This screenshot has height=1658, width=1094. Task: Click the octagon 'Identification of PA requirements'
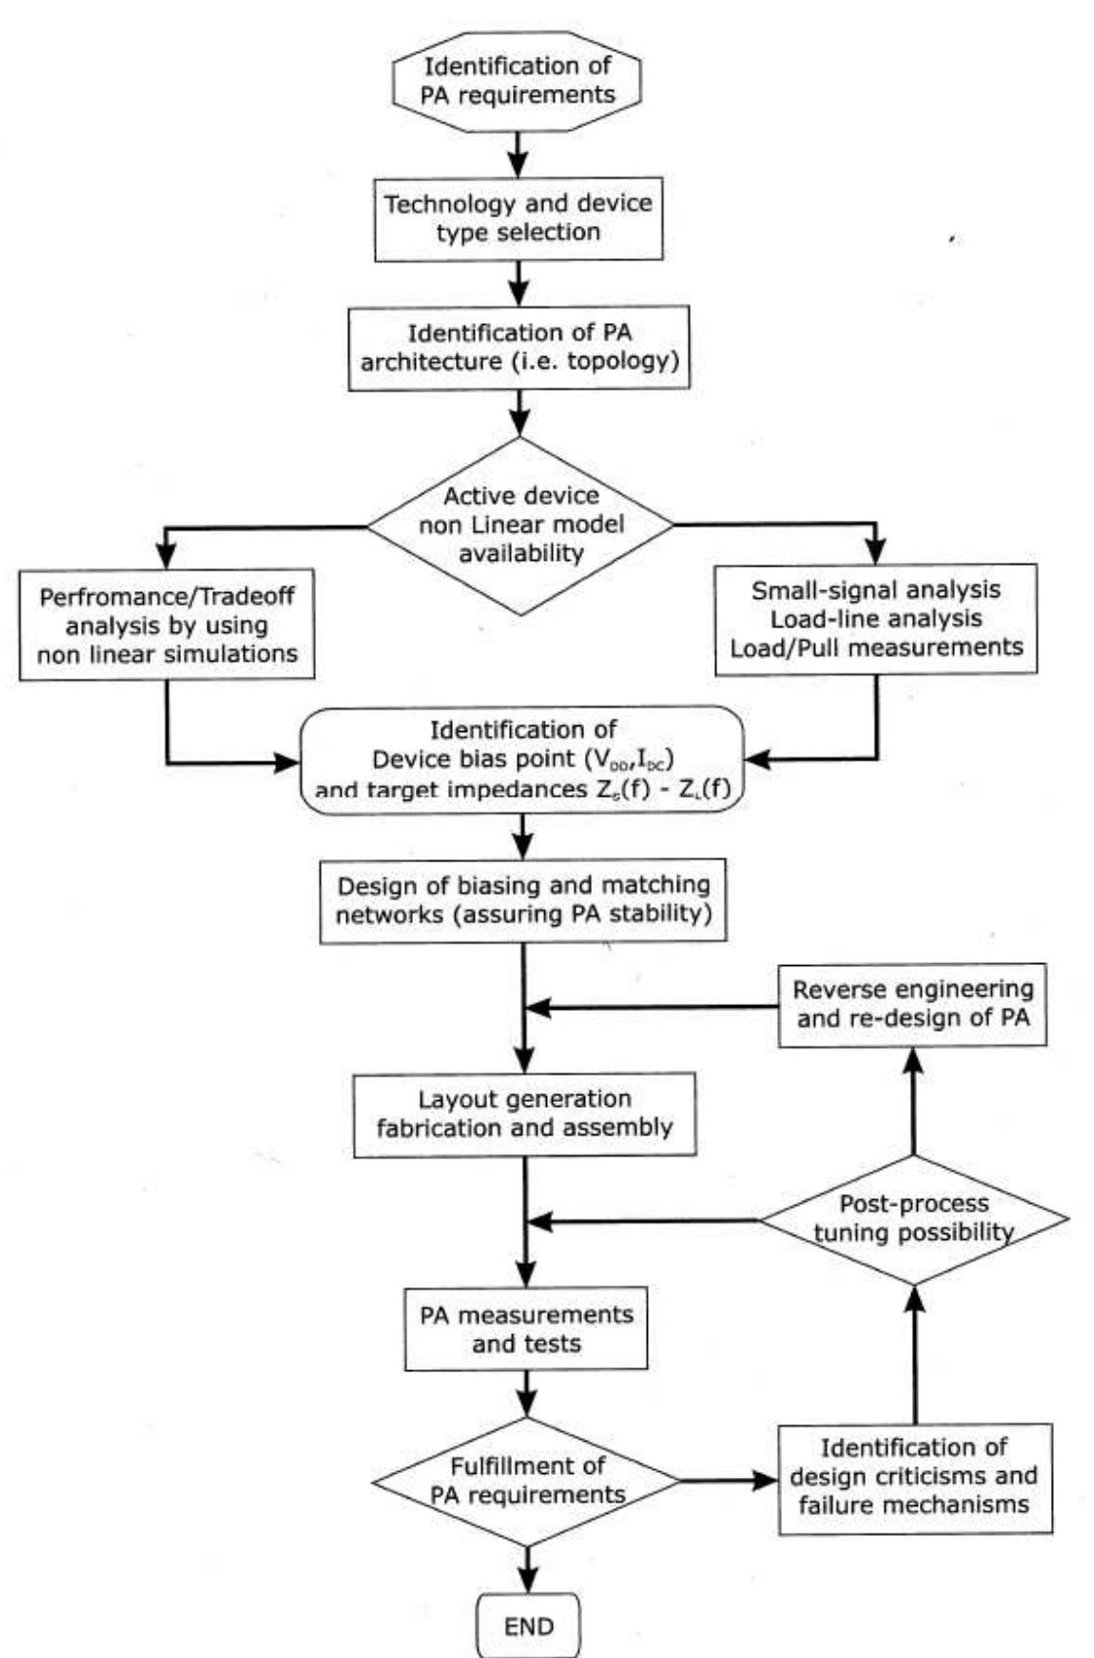(x=517, y=80)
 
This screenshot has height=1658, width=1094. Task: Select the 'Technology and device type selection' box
(x=518, y=218)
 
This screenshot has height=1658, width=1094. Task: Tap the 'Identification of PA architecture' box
(x=519, y=347)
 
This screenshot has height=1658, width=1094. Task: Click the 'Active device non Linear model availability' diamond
(x=521, y=525)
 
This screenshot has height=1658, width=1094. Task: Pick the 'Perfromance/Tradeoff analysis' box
(x=166, y=624)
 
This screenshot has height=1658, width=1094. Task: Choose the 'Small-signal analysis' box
(x=876, y=619)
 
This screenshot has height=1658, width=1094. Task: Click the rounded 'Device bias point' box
(x=523, y=760)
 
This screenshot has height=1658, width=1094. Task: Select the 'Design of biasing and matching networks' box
(x=523, y=900)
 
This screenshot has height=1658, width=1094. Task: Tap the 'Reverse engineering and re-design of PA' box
(x=912, y=1004)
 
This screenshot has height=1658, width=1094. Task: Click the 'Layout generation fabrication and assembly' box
(x=524, y=1114)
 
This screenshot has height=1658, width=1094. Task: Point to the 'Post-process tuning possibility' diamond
(x=914, y=1219)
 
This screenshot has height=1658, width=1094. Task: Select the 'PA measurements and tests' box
(x=526, y=1328)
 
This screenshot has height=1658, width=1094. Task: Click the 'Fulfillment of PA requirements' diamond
(x=526, y=1481)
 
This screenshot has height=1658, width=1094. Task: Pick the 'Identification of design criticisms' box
(x=914, y=1477)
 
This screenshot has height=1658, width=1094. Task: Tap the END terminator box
(x=528, y=1627)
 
